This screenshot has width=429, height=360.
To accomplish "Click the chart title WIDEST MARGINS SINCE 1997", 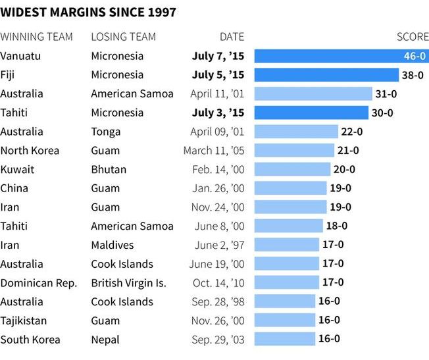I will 88,13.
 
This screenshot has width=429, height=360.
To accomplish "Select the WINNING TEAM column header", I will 36,37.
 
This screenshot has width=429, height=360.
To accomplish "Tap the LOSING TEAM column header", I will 123,37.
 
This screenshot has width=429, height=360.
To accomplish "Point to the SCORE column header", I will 413,37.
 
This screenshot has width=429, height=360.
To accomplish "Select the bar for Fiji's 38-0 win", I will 326,75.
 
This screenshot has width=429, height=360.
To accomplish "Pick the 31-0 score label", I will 385,94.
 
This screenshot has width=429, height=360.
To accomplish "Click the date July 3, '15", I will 218,113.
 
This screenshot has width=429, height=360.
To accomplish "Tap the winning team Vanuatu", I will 20,56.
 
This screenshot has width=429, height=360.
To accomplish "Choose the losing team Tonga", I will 105,132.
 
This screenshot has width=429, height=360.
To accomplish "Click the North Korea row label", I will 30,151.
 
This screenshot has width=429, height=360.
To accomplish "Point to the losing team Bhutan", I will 109,170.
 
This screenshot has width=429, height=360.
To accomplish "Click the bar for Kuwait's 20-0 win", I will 292,170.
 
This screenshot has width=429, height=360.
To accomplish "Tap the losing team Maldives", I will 112,245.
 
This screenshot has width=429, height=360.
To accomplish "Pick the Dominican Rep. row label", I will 39,283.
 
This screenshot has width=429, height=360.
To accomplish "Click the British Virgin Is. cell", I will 128,283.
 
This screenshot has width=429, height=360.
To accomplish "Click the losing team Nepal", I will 105,340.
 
